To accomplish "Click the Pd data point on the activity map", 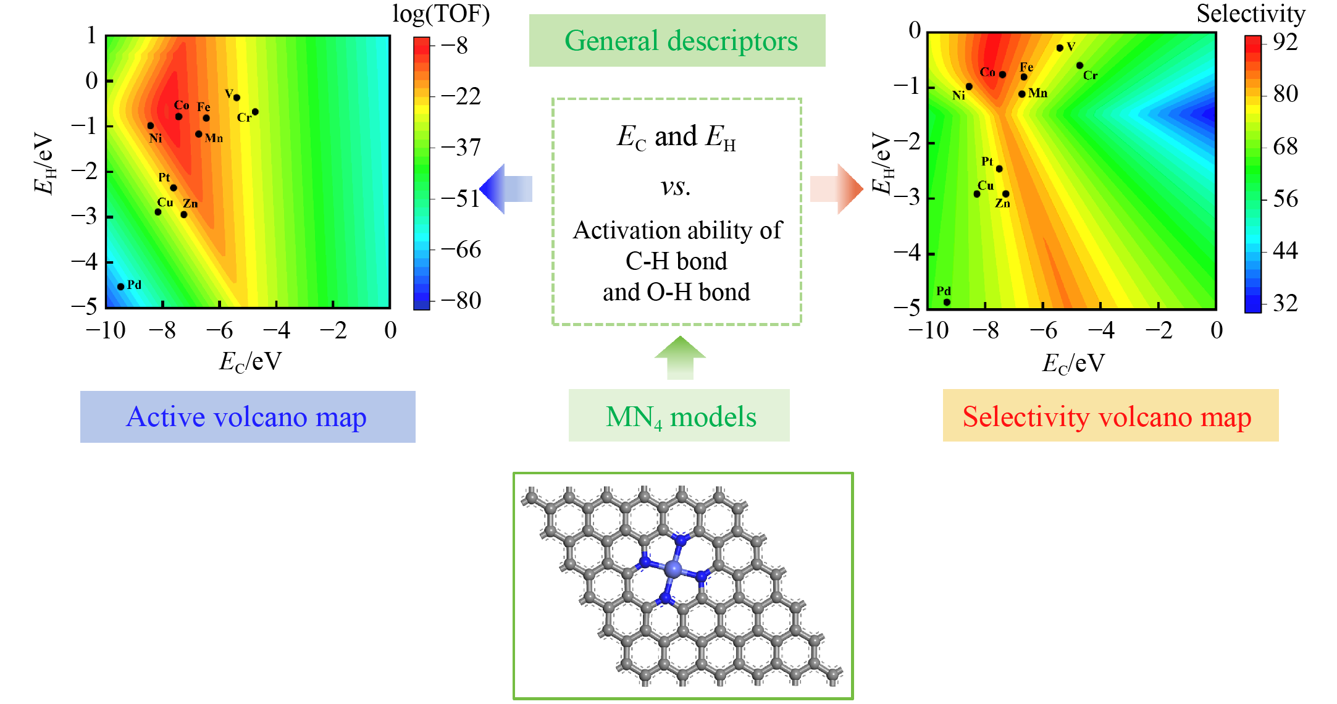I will tap(121, 287).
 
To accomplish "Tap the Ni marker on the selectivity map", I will tap(969, 87).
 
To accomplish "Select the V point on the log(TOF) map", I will tap(237, 98).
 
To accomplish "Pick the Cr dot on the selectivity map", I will tap(1079, 65).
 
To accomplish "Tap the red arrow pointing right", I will tap(837, 189).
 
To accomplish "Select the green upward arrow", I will tap(680, 358).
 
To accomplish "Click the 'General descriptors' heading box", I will tap(677, 41).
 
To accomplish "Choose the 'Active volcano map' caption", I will tap(248, 417).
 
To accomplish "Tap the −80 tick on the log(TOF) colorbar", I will tap(461, 301).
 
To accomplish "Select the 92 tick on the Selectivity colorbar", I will tap(1285, 42).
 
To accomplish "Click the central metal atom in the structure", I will tap(673, 568).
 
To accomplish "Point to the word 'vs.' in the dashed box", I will tap(676, 186).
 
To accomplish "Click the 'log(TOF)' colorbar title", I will tap(441, 14).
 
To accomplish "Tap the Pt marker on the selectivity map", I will tap(999, 169).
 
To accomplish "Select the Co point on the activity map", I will tap(178, 117).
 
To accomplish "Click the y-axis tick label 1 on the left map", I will tap(91, 36).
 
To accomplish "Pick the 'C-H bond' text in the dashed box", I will tap(676, 261).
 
